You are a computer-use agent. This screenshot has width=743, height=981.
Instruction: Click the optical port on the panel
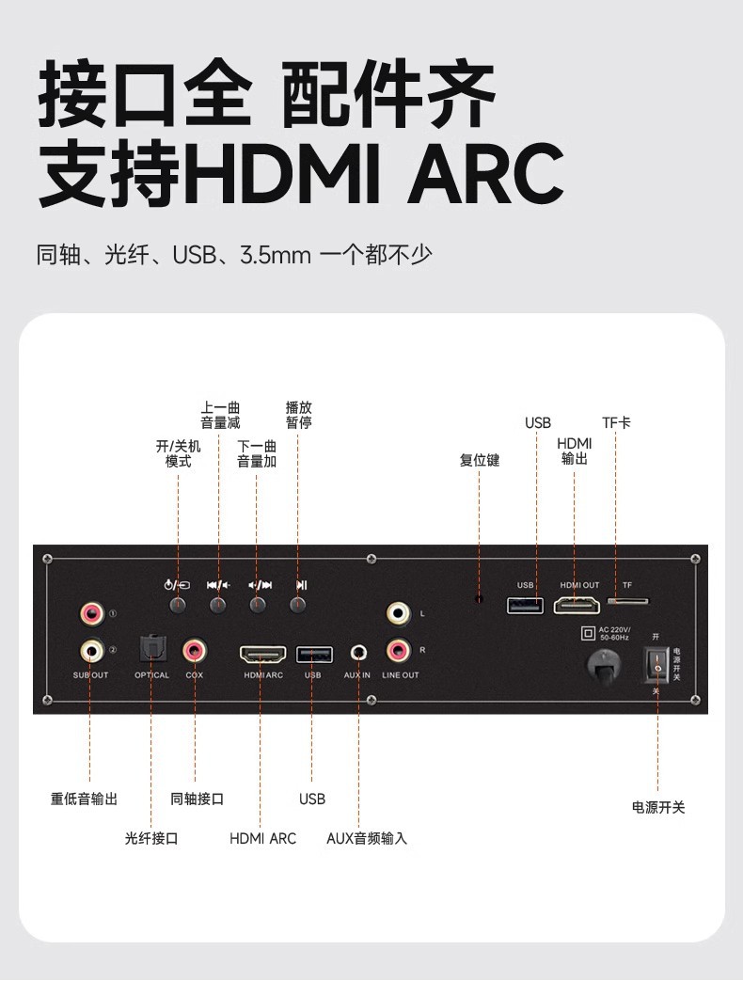pos(151,649)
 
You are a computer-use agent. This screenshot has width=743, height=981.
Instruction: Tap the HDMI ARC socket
pos(263,653)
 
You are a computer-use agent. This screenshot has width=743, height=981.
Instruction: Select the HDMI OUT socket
pos(577,605)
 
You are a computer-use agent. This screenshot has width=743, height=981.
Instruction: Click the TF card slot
pos(630,600)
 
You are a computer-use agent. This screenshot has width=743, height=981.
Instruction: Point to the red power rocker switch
pos(658,664)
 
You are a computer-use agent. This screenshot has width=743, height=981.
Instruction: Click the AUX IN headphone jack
pos(357,651)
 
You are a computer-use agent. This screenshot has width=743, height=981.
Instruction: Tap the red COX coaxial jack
pos(195,649)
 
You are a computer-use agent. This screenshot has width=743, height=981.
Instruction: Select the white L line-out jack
pos(399,613)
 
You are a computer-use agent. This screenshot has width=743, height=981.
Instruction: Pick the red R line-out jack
pos(399,649)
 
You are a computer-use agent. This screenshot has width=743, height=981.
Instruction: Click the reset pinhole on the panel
pos(480,599)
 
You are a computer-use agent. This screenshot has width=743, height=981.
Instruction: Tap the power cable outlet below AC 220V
pos(603,663)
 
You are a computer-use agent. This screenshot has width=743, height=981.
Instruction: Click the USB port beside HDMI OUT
pos(525,605)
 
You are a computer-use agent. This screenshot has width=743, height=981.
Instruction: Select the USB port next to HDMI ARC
pos(313,653)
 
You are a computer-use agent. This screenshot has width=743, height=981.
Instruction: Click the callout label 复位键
pos(480,461)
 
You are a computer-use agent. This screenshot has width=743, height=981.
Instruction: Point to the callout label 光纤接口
pos(151,838)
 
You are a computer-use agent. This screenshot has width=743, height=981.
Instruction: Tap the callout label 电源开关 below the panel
pos(658,807)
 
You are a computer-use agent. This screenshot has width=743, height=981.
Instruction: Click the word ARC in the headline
pos(484,175)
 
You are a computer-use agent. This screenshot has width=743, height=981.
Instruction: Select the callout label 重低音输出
pos(85,799)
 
